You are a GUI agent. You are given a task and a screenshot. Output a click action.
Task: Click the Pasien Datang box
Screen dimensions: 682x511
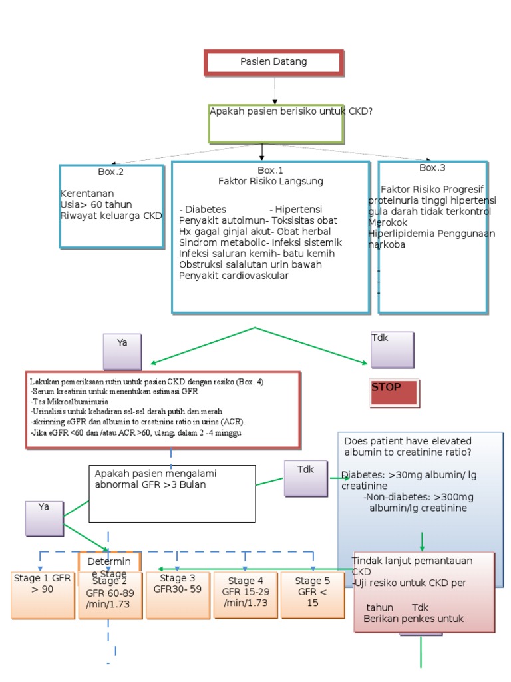pos(274,62)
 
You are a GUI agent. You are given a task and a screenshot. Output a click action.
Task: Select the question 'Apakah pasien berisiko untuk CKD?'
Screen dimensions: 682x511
pos(291,111)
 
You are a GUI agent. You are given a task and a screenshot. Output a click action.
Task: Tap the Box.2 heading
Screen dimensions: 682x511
pos(111,172)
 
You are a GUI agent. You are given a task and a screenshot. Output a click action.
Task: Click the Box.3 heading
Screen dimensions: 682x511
pos(432,168)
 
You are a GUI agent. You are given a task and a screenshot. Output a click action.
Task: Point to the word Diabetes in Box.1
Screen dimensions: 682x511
pos(203,209)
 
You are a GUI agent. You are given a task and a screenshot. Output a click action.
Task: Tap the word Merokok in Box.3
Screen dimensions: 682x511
pos(386,222)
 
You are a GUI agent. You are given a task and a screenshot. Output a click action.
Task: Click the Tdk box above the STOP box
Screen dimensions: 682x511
pos(392,350)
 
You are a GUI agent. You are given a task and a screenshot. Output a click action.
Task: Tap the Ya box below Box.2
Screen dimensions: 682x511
pos(122,350)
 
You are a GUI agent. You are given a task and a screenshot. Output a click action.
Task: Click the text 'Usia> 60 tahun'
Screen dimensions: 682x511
pos(96,204)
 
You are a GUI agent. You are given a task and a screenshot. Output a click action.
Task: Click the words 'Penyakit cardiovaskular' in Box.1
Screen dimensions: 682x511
pos(234,276)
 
